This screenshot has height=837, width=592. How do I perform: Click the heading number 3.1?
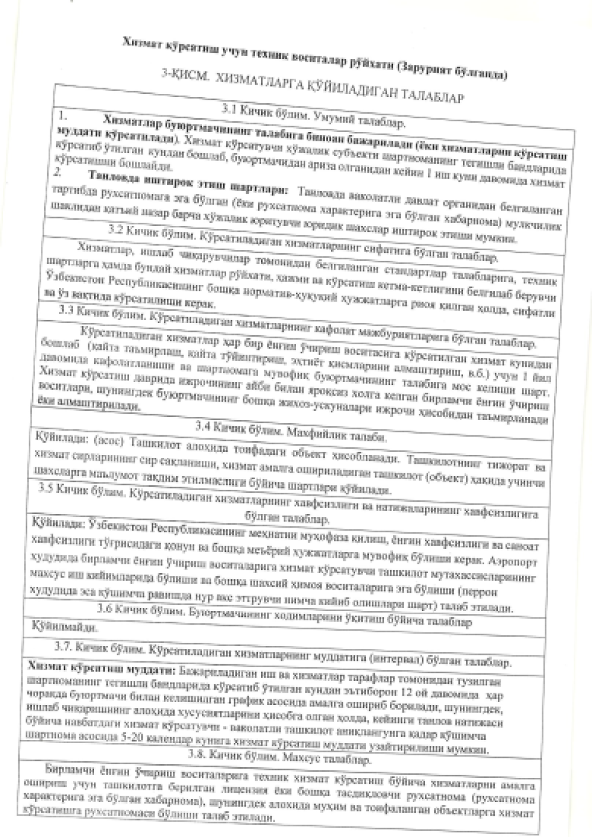pos(229,109)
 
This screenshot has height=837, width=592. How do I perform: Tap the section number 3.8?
pos(196,754)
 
